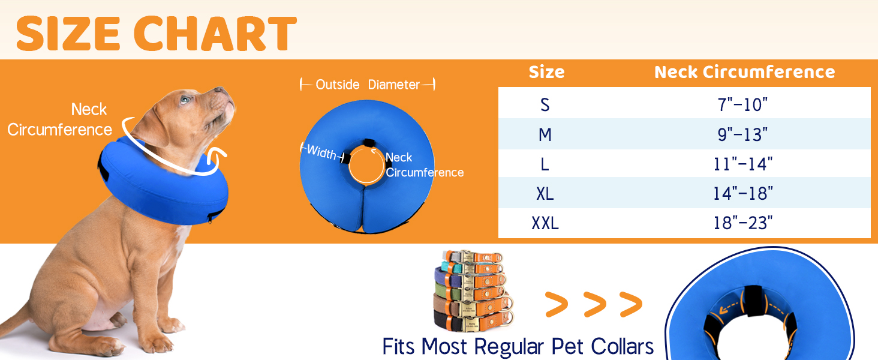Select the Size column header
pos(546,73)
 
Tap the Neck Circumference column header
pos(744,73)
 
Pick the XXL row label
pos(545,224)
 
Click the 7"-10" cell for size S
pos(742,105)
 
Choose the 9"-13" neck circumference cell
pos(742,135)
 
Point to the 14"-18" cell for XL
pos(743,193)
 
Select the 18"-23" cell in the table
pos(743,224)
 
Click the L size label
pos(545,164)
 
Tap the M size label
pos(545,135)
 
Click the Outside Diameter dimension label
pos(368,85)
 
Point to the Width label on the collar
pos(321,153)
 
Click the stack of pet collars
pos(472,290)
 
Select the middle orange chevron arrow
pos(594,305)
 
